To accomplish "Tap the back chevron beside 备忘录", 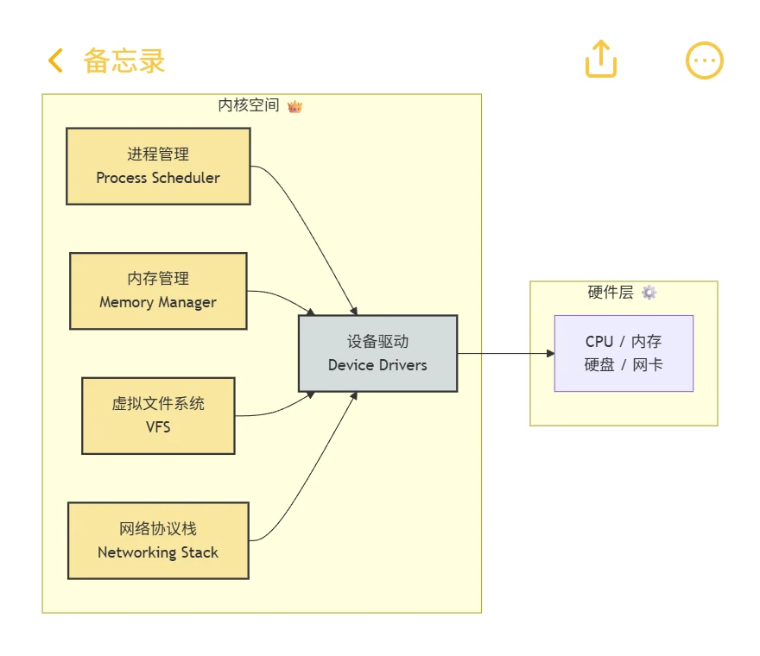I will pos(55,60).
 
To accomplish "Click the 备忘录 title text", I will pos(123,60).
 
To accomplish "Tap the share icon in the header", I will pos(601,59).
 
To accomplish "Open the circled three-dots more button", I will pos(704,60).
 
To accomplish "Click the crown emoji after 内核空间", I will pos(294,106).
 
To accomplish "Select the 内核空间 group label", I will pos(249,105).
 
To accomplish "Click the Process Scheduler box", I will pos(158,166).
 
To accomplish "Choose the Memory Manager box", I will pos(158,291).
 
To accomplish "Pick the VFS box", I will pos(158,415).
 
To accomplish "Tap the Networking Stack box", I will pos(158,540).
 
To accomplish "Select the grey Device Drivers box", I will pos(377,353).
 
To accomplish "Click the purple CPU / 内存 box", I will pos(624,353).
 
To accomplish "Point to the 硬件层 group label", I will pos(611,293).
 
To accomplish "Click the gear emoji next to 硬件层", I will pos(649,293).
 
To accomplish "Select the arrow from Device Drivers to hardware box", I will pos(505,353).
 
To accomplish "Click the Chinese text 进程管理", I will pos(158,155).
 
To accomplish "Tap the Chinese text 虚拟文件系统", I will pos(158,404).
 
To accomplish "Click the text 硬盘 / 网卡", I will pos(624,364).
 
